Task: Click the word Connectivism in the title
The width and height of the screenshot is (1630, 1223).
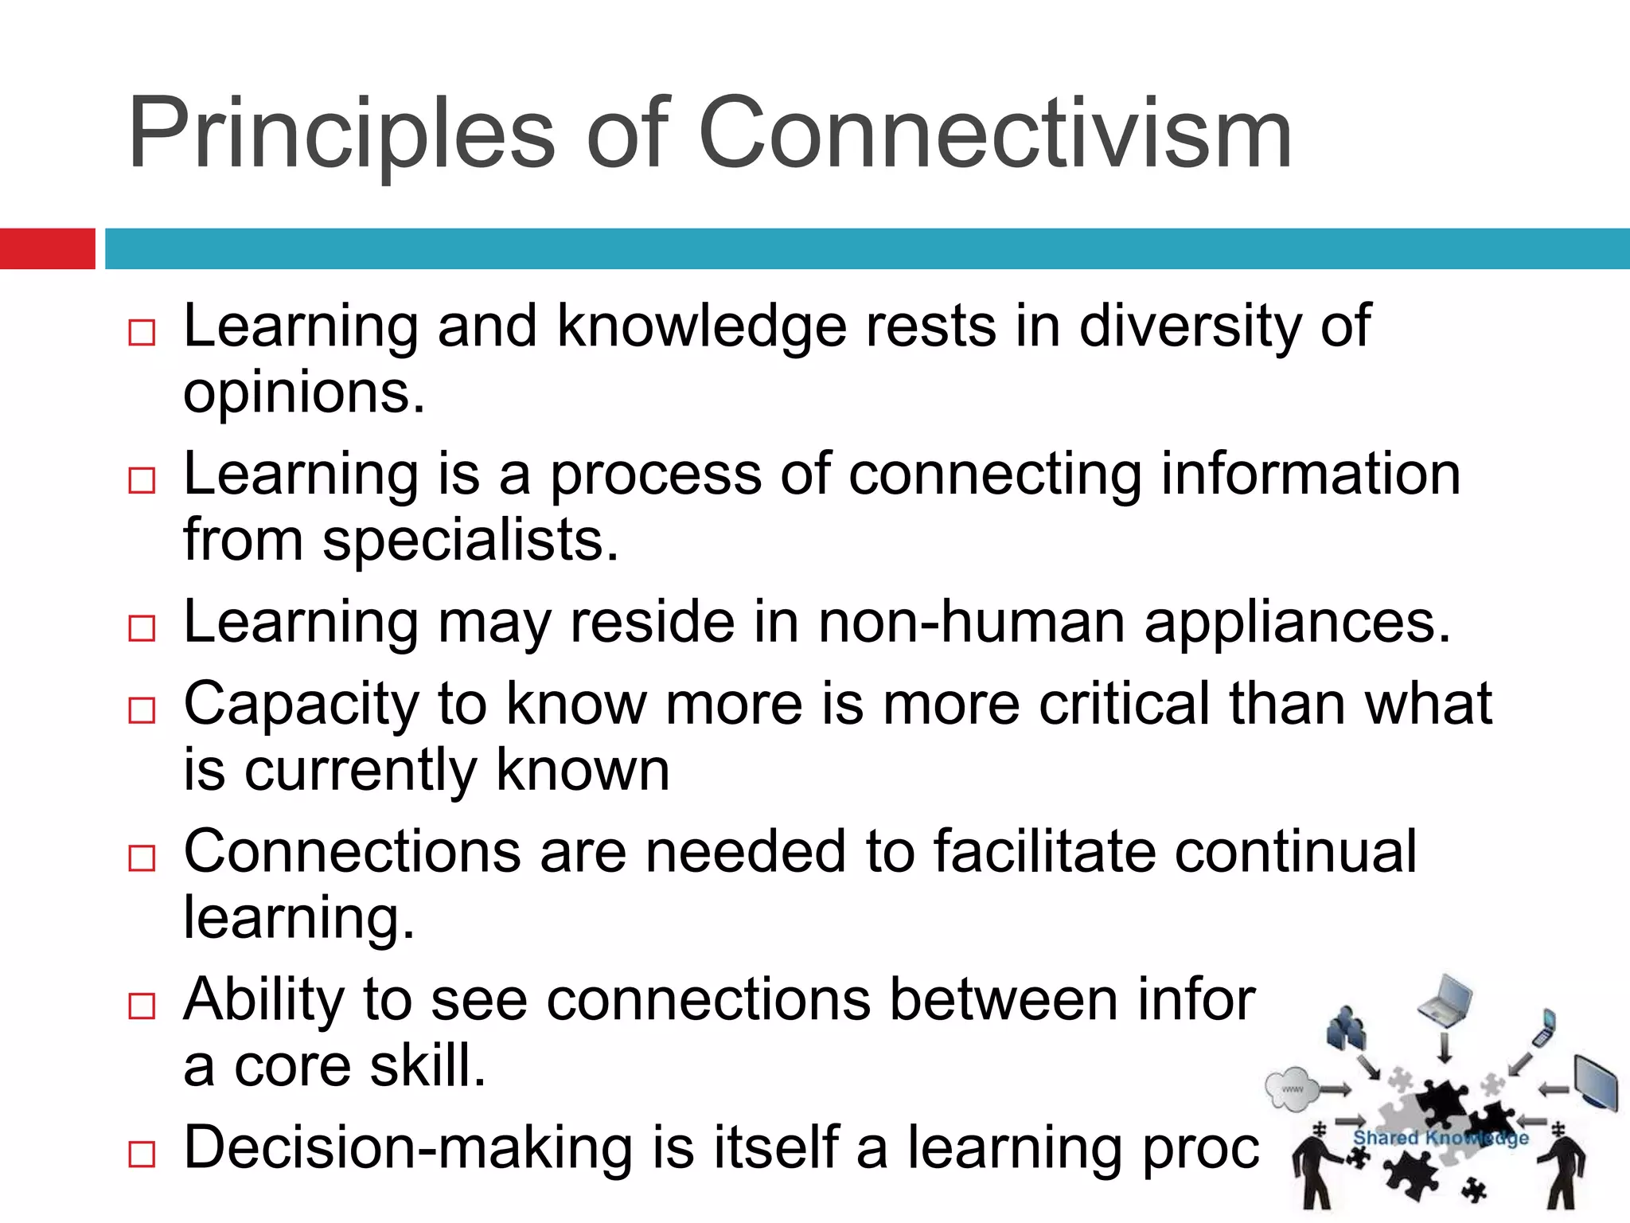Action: click(x=995, y=133)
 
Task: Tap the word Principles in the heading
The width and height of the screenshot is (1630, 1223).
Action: click(x=341, y=133)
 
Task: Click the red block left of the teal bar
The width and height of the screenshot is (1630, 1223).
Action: click(x=47, y=248)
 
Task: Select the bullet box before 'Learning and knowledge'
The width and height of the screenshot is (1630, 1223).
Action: click(x=142, y=332)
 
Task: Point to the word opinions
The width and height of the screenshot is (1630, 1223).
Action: click(x=302, y=394)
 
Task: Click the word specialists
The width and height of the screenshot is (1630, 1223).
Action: click(x=470, y=541)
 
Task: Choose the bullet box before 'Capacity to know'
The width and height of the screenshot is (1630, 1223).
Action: click(x=142, y=709)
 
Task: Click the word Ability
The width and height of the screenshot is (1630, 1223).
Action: click(x=263, y=1000)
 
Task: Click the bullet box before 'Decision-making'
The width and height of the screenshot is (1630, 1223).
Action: click(x=142, y=1154)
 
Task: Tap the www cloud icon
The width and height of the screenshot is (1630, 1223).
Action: click(x=1292, y=1088)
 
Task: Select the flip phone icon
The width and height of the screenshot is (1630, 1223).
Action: click(x=1546, y=1027)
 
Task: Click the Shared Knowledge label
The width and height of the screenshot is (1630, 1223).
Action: click(x=1441, y=1138)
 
